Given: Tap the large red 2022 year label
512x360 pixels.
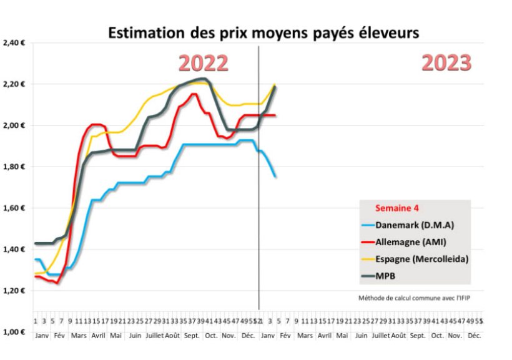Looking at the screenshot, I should click(x=204, y=63).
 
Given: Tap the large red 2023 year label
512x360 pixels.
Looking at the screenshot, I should click(x=446, y=62).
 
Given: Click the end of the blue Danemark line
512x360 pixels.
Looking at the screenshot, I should click(x=275, y=177).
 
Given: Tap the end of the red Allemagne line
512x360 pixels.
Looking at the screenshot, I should click(x=275, y=115).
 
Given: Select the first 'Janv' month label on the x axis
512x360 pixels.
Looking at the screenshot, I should click(x=42, y=335).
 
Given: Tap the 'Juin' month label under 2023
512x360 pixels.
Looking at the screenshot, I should click(x=360, y=335).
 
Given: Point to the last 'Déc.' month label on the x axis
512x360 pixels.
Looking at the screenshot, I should click(x=474, y=335).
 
